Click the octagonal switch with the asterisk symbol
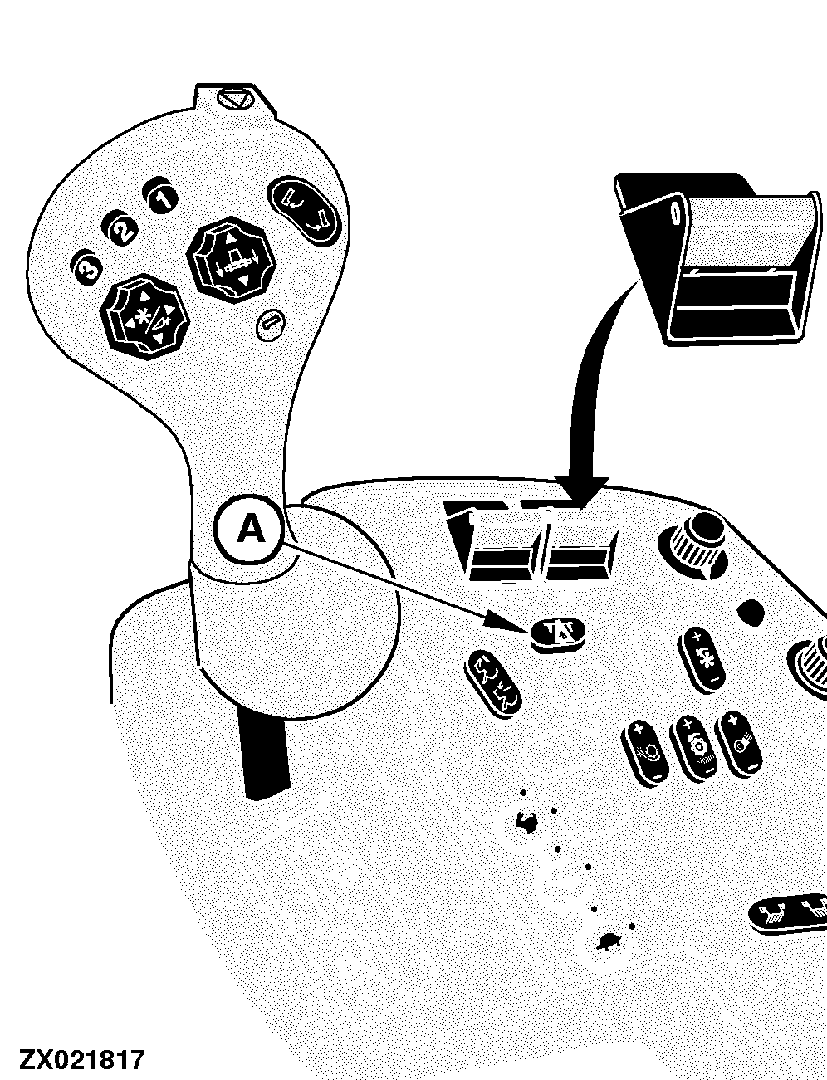coord(145,316)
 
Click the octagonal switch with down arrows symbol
coord(230,259)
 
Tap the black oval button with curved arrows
coord(303,212)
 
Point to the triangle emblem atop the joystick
coord(234,99)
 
